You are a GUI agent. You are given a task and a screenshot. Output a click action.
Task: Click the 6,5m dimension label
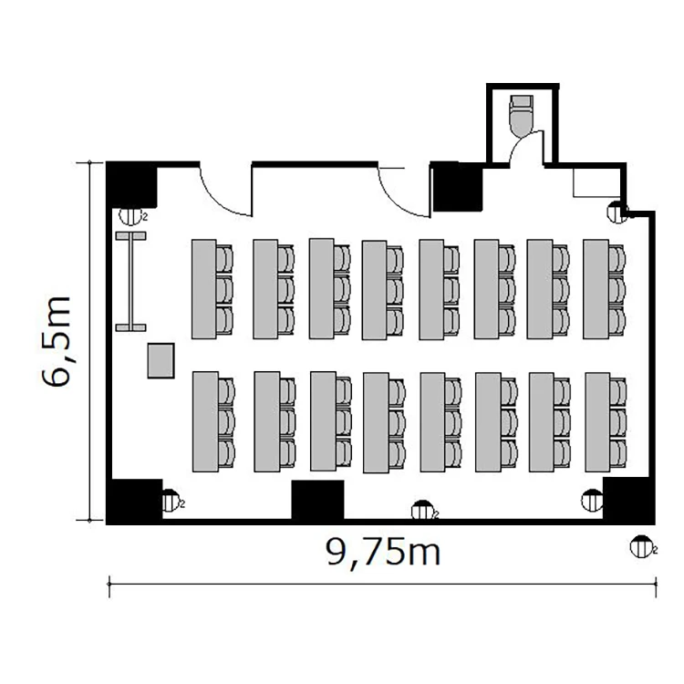click(x=57, y=342)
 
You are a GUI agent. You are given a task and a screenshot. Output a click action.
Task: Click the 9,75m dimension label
click(x=383, y=553)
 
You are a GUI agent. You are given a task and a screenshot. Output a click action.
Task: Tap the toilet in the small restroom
click(x=522, y=114)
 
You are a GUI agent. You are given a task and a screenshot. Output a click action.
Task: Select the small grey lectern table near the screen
click(x=161, y=360)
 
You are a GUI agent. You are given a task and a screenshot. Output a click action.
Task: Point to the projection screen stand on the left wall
click(x=130, y=282)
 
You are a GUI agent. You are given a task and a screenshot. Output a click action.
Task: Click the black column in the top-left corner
click(x=132, y=185)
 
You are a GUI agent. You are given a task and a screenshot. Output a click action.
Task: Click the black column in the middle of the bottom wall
click(x=317, y=500)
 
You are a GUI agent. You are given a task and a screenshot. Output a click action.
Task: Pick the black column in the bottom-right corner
click(x=628, y=500)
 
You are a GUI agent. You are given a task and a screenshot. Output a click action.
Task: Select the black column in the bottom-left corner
click(x=135, y=501)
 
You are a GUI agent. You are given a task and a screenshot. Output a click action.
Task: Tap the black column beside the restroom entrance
click(x=458, y=186)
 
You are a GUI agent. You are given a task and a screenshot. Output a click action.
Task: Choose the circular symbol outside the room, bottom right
click(x=643, y=546)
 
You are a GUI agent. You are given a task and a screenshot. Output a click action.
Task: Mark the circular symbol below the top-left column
click(x=130, y=215)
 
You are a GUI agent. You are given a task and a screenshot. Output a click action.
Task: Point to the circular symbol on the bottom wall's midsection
click(x=423, y=510)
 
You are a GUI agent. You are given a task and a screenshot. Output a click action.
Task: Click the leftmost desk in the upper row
click(x=204, y=289)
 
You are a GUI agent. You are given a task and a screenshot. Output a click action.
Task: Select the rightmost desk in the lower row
click(x=597, y=422)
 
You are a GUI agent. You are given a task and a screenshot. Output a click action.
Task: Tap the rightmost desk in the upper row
click(x=596, y=289)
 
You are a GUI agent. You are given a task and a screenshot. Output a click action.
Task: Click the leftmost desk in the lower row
click(x=205, y=422)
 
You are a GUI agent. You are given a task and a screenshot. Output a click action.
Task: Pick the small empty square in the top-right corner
click(x=596, y=181)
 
